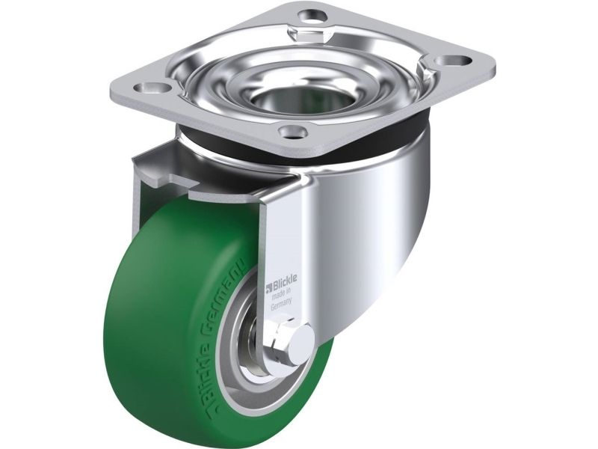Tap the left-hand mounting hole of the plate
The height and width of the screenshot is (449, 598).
pos(155,88)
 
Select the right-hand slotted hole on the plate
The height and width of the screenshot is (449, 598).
pos(454,61)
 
